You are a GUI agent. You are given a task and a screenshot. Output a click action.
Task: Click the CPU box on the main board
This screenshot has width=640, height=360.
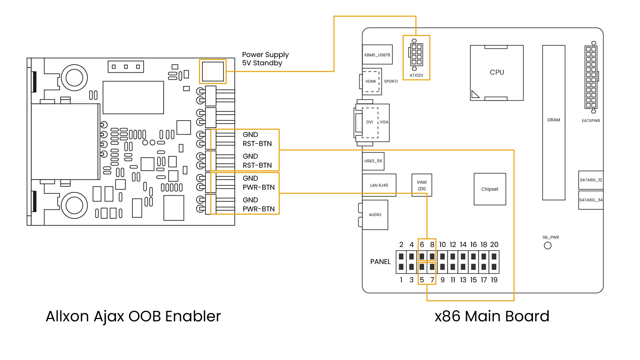tap(497, 73)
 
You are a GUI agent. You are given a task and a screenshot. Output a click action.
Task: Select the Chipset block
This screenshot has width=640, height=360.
tap(490, 189)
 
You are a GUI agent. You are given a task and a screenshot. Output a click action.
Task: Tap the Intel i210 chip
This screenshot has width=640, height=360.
tap(422, 185)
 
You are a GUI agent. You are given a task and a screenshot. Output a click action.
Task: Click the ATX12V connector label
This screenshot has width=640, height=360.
tap(416, 75)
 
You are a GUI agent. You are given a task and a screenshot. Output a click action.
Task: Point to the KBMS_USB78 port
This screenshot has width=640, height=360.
tap(377, 55)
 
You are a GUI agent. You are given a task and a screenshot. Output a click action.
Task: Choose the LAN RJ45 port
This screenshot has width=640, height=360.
tap(379, 185)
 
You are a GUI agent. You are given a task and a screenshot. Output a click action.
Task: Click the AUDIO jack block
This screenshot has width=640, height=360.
tap(375, 215)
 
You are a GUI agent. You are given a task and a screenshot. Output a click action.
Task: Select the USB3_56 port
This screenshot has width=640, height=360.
tap(373, 161)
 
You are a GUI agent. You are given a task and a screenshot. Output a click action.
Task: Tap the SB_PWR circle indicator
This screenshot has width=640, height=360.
tap(547, 246)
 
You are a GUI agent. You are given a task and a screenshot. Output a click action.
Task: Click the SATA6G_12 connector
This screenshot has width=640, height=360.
tap(591, 180)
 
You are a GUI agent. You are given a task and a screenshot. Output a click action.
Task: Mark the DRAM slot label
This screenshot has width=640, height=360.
tap(553, 120)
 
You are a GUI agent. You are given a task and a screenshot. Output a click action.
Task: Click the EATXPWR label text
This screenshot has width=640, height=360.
tap(591, 121)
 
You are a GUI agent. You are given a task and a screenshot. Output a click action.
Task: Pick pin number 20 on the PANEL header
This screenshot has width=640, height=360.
tap(494, 245)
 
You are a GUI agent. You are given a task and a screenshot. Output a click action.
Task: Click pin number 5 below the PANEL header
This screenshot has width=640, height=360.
tap(422, 280)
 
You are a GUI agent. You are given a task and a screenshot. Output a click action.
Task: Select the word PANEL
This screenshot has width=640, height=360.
tap(380, 262)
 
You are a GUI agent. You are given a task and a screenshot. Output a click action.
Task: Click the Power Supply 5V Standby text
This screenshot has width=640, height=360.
tap(265, 59)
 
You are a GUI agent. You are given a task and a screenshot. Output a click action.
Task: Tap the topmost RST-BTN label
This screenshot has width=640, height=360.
tap(257, 144)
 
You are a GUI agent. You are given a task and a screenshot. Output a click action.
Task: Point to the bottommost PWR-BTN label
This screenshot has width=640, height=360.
tap(259, 209)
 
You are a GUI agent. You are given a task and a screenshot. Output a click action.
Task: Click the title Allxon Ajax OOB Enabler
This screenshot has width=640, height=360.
tap(133, 316)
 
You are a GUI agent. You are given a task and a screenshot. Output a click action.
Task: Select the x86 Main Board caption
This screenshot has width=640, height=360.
tap(492, 316)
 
